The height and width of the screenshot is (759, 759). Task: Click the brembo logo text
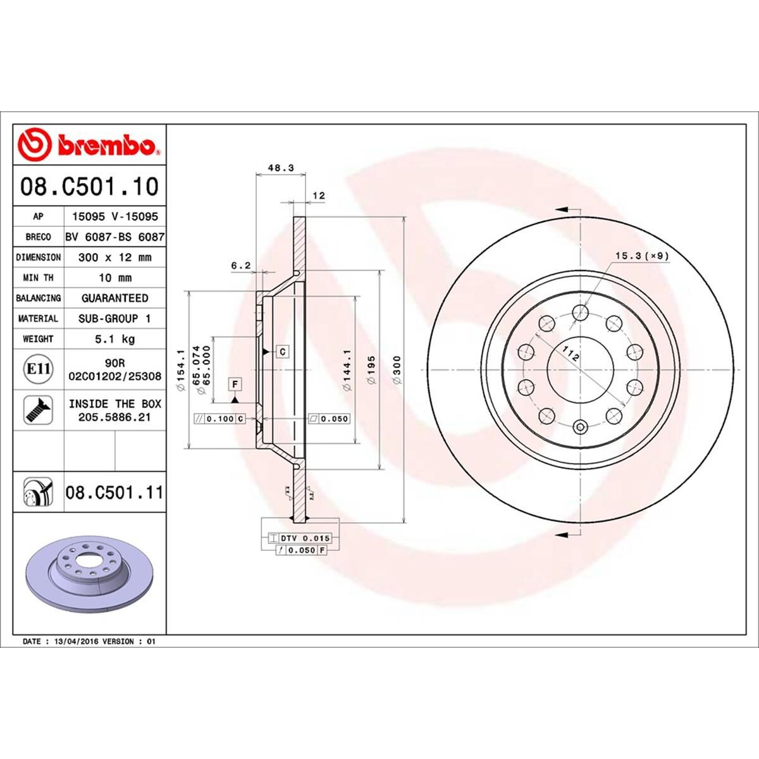coord(108,147)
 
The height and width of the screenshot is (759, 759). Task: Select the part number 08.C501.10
coord(89,187)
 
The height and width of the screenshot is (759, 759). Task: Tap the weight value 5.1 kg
coord(114,339)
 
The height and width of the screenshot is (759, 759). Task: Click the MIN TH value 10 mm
coord(114,278)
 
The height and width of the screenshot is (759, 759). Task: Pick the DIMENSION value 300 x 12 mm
coord(114,257)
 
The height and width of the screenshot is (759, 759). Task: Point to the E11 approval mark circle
coord(38,367)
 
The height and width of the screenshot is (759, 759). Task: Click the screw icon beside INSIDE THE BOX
coord(38,410)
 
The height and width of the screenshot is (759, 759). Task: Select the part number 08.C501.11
coord(114,492)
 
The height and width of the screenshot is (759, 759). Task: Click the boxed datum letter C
coord(283,351)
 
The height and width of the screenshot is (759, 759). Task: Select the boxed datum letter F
coord(235,384)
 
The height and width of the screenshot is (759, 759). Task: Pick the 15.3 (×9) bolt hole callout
coord(641,256)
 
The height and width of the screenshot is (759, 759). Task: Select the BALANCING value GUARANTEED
coord(114,298)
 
